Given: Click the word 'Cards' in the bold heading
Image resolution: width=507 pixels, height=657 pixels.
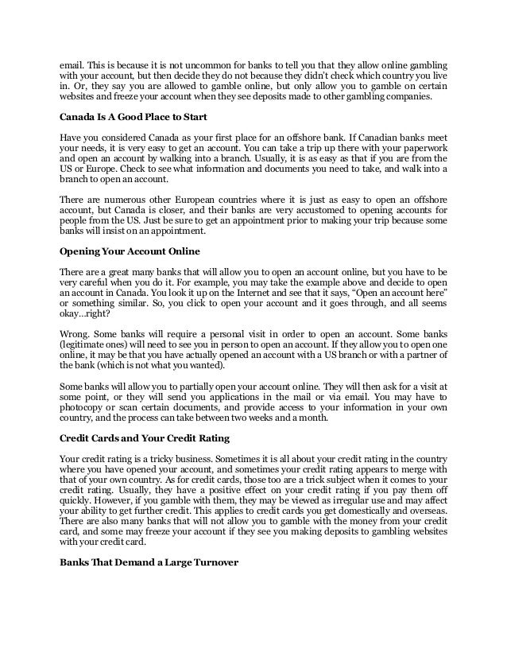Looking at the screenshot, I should click(x=110, y=437).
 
